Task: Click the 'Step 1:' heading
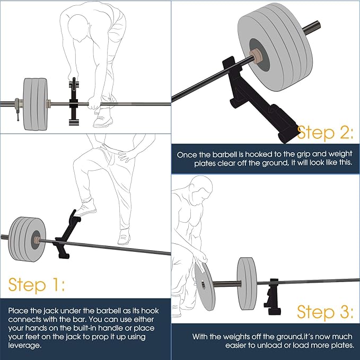(36, 285)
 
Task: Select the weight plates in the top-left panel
(35, 103)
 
